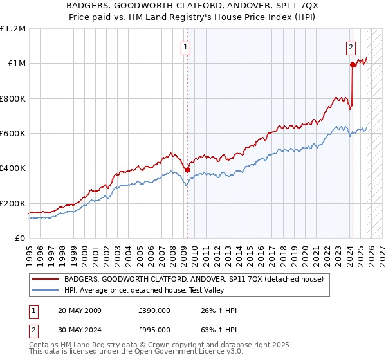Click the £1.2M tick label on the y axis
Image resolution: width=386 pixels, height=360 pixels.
[x=13, y=29]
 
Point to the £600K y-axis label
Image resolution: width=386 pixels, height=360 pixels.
[x=13, y=134]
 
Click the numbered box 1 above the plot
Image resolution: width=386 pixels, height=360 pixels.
[x=185, y=47]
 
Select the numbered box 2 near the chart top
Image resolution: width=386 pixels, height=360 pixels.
[x=351, y=47]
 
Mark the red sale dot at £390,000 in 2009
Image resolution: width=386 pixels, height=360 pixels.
[x=187, y=170]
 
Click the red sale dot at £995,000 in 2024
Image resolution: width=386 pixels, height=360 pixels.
[x=353, y=64]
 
